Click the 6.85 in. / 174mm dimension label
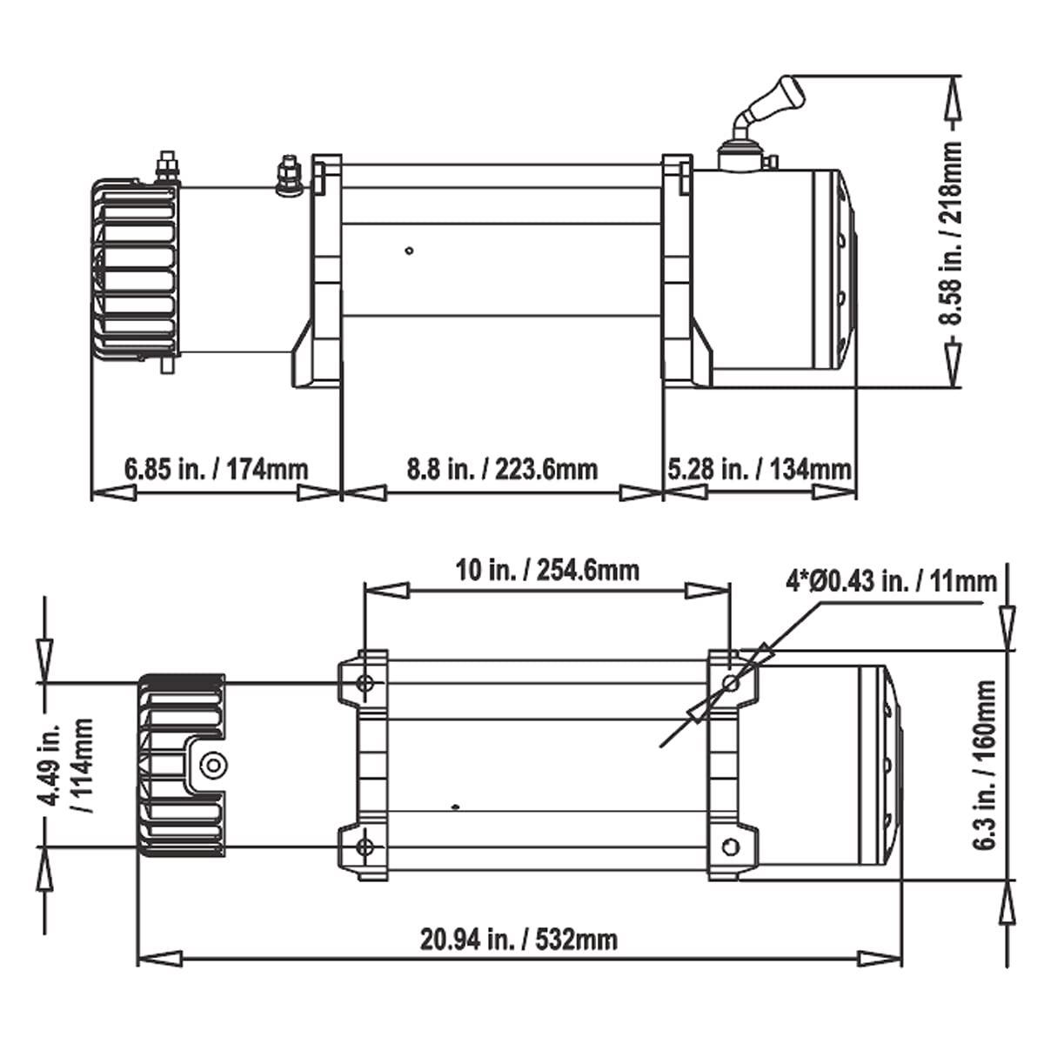pos(216,469)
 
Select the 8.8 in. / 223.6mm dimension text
pos(502,469)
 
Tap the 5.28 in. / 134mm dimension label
pos(759,469)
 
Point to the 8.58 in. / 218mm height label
pos(950,233)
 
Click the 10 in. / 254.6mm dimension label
pos(547,571)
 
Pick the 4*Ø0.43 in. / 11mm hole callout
pos(891,582)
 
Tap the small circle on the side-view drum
pos(410,251)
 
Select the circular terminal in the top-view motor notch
pos(211,764)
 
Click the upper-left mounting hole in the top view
pos(365,683)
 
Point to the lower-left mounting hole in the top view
pos(365,847)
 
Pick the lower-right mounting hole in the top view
pos(732,847)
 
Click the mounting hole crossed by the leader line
pos(732,684)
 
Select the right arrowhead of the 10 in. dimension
pos(708,591)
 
